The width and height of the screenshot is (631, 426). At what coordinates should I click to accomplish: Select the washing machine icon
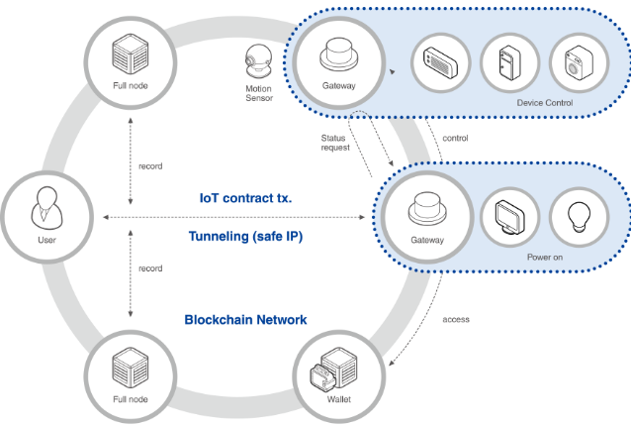(578, 64)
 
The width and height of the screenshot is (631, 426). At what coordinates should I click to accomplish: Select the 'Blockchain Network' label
(246, 319)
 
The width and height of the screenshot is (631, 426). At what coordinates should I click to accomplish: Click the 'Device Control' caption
(544, 102)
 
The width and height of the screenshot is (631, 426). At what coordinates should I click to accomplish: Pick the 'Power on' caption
(540, 255)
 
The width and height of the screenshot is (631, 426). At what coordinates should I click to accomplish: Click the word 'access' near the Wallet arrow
(456, 319)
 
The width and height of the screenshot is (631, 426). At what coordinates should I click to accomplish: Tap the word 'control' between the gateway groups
(455, 138)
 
